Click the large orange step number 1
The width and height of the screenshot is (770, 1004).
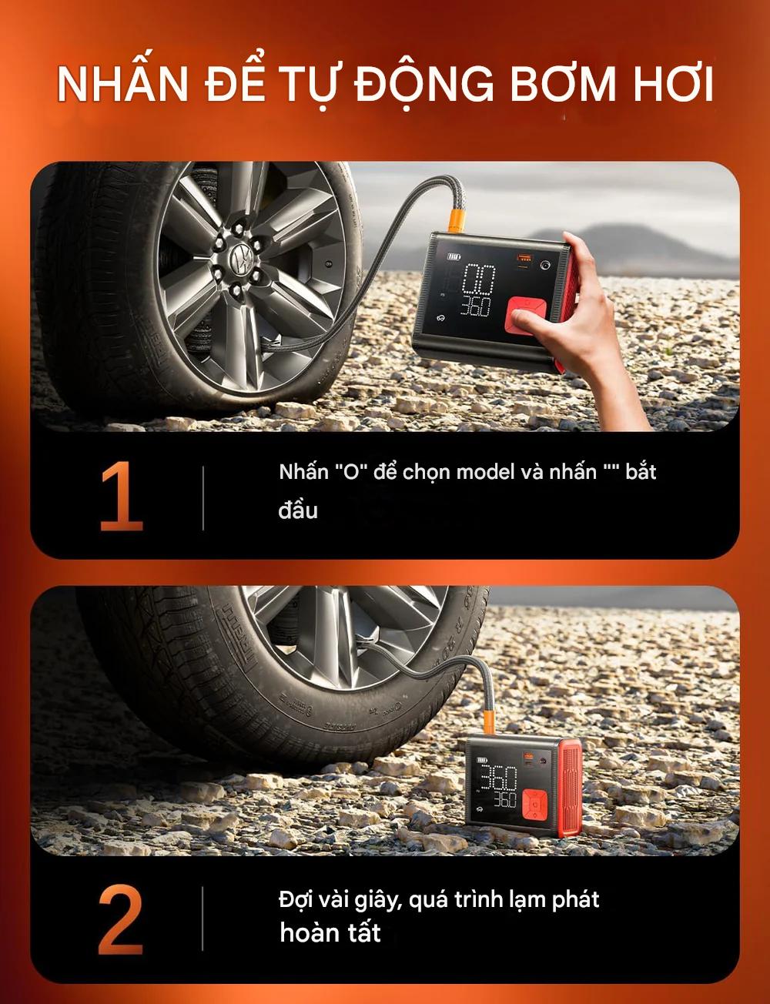[122, 496]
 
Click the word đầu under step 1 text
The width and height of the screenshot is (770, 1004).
[298, 510]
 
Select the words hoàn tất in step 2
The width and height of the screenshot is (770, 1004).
[330, 933]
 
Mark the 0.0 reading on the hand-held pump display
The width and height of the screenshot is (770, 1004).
[477, 279]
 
